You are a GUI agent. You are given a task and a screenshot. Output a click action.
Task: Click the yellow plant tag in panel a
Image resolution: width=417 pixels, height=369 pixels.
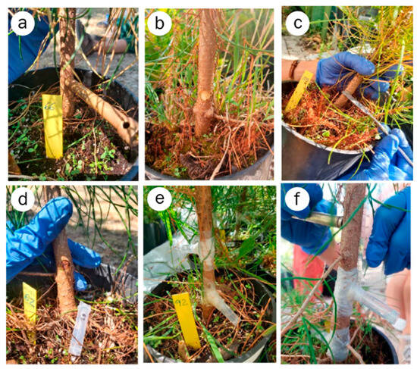pyautogui.click(x=53, y=126)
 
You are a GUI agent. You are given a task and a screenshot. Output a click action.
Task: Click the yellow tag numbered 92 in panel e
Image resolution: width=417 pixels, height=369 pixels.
pyautogui.click(x=187, y=318)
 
